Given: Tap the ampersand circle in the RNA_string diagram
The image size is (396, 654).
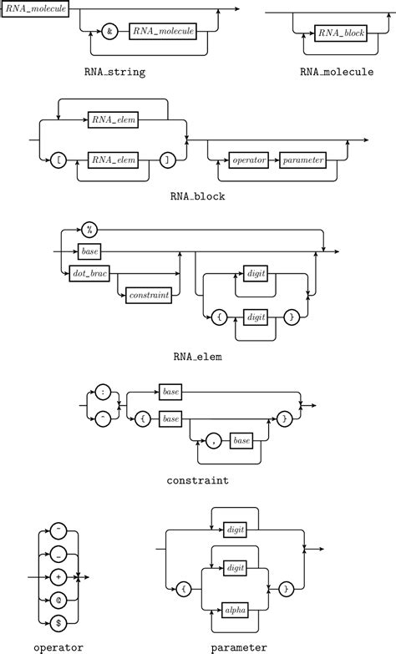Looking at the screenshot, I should (109, 32).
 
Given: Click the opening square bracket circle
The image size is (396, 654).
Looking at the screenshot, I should (58, 159).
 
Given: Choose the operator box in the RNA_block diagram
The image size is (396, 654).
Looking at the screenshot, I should (248, 159).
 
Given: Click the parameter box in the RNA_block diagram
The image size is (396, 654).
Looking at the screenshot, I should (302, 159).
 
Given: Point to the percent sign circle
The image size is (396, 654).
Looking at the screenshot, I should (89, 231).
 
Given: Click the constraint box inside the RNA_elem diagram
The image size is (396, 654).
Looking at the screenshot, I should (148, 296).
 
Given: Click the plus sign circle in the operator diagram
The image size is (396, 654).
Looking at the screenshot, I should (58, 576).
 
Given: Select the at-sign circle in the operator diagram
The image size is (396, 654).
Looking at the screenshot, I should (58, 599).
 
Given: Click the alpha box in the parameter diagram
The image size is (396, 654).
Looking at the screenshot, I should (236, 611).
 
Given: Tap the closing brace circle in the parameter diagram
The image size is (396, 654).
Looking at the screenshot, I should (286, 589).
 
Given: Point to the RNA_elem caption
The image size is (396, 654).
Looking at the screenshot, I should (197, 357).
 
